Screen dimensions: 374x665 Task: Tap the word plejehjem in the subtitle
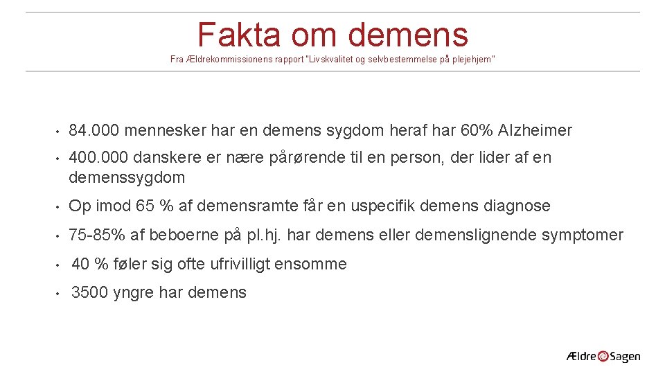tap(472, 60)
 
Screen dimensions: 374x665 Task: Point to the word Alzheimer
tap(535, 130)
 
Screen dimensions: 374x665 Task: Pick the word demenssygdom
tap(127, 177)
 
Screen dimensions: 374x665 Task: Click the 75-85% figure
tap(97, 235)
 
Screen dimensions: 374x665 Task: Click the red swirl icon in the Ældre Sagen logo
tap(603, 356)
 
